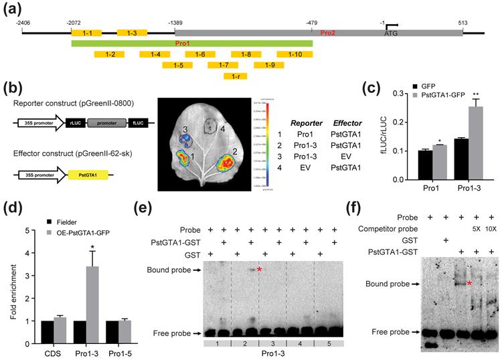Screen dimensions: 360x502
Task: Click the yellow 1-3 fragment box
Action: tap(132, 33)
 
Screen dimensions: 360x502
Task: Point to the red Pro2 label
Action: tap(327, 32)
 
